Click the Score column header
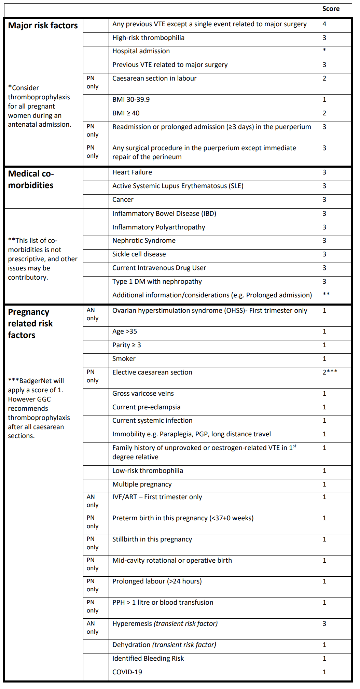pos(331,9)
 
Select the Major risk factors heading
pos(43,26)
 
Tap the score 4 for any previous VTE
pos(324,24)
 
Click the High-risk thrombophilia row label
pos(148,38)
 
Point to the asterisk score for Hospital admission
pos(324,51)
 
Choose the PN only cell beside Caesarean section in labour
pos(93,82)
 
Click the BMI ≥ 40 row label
pos(126,113)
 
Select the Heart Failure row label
pos(132,172)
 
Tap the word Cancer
pos(123,200)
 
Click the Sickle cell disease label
pos(139,254)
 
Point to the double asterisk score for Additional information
pos(326,294)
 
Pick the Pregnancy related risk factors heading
pos(30,323)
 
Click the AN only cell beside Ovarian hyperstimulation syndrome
pos(93,314)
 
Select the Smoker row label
pos(124,359)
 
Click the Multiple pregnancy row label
pos(142,484)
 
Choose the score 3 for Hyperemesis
pos(324,624)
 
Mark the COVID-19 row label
pos(127,672)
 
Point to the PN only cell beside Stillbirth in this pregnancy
pos(93,543)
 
